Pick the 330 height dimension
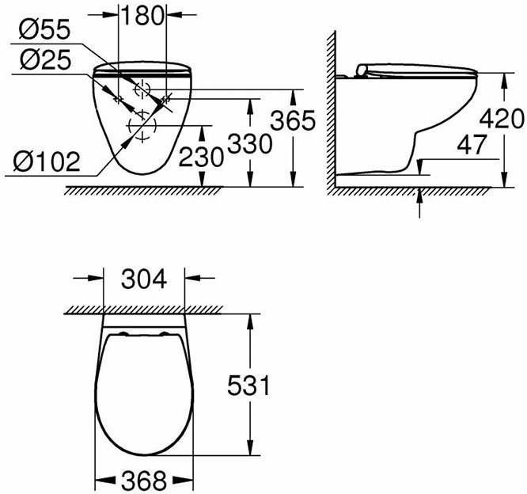tap(250, 144)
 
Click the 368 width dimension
tap(143, 480)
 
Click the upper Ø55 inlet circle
tap(142, 89)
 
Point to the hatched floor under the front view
tap(142, 190)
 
